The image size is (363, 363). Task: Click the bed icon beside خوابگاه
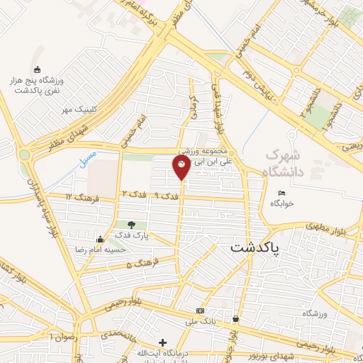point(281,193)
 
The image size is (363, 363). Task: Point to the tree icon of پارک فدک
point(131,225)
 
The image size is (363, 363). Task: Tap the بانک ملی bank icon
point(201,311)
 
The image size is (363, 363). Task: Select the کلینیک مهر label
point(77,109)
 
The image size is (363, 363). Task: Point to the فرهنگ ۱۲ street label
point(80,196)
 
